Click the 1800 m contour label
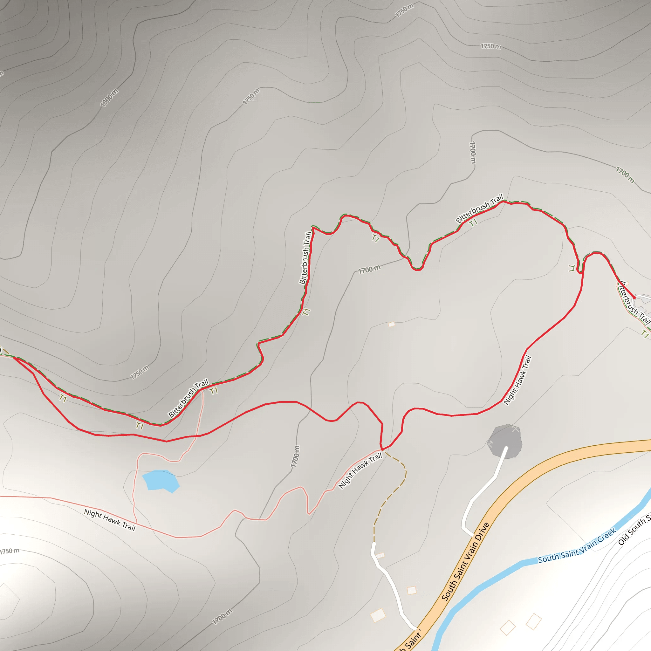pyautogui.click(x=109, y=97)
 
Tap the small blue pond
pyautogui.click(x=161, y=480)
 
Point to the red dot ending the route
pyautogui.click(x=634, y=298)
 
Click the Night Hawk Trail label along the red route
pyautogui.click(x=517, y=380)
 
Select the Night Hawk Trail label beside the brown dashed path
pyautogui.click(x=360, y=470)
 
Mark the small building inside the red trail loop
pyautogui.click(x=392, y=325)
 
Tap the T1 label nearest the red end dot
pyautogui.click(x=645, y=334)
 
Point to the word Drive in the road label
pyautogui.click(x=481, y=536)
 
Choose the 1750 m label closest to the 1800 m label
pyautogui.click(x=251, y=96)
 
